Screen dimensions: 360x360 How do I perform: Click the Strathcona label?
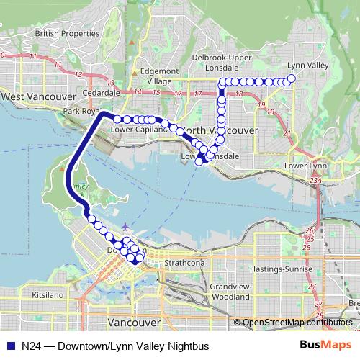pos(184,264)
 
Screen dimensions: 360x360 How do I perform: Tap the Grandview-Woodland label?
pos(230,291)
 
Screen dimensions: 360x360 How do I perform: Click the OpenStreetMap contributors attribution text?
pos(297,323)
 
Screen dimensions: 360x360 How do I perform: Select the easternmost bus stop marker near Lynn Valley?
pos(292,78)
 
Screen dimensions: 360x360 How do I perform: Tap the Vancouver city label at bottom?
pos(133,322)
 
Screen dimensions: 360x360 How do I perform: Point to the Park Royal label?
pos(80,112)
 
